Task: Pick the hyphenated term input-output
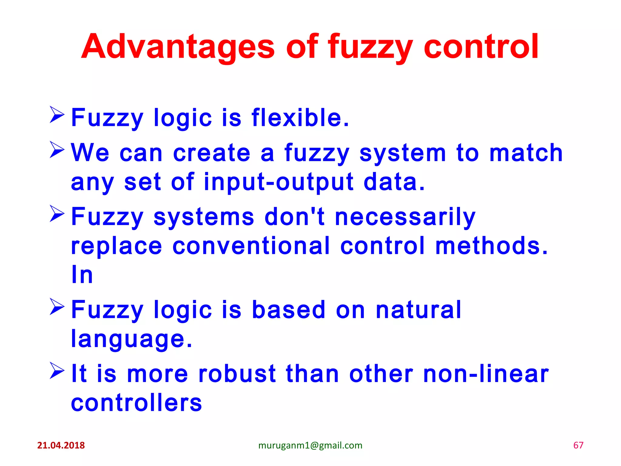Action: pyautogui.click(x=279, y=182)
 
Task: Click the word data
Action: pyautogui.click(x=394, y=182)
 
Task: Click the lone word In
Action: pyautogui.click(x=82, y=275)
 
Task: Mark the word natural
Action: pyautogui.click(x=418, y=310)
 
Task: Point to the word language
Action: pyautogui.click(x=131, y=339)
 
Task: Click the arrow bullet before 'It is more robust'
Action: pyautogui.click(x=57, y=370)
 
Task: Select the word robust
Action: pyautogui.click(x=237, y=374)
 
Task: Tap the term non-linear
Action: pyautogui.click(x=486, y=374)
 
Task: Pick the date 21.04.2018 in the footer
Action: pyautogui.click(x=61, y=445)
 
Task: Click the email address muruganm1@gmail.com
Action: pyautogui.click(x=310, y=445)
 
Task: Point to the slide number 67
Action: pyautogui.click(x=578, y=445)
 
